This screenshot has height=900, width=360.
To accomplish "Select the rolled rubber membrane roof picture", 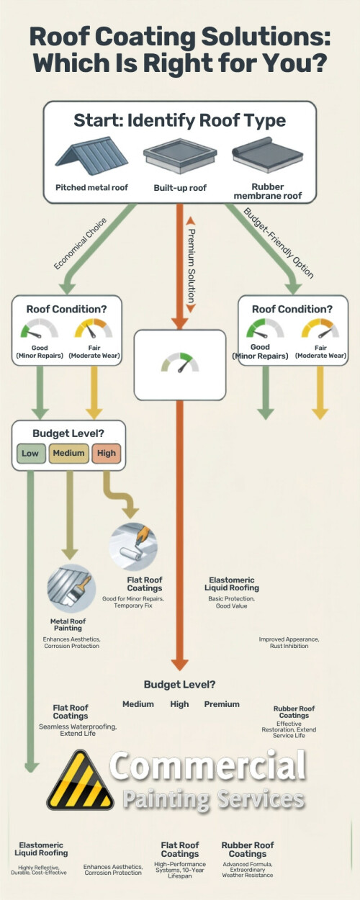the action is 267,155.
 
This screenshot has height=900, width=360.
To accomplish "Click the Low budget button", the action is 31,454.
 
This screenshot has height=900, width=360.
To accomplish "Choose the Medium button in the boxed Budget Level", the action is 68,454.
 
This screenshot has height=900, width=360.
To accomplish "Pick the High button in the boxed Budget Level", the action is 107,454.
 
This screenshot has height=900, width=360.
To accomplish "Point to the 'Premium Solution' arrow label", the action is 192,266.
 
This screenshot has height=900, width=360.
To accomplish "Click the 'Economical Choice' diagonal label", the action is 81,243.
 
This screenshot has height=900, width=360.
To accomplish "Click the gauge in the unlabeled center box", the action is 180,362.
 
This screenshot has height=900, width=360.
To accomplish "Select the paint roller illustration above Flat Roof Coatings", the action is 133,546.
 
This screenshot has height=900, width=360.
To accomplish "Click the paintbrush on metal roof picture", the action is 71,588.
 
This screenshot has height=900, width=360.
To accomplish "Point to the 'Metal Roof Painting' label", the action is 68,625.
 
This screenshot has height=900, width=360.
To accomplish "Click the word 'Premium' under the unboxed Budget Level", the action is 222,704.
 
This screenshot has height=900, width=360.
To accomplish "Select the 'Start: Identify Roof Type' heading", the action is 179,120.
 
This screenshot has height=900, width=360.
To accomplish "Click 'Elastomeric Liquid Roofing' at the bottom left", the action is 41,849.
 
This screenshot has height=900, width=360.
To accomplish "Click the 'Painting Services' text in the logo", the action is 213,799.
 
